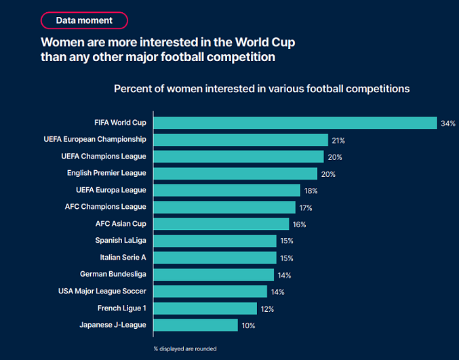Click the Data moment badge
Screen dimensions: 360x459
point(85,20)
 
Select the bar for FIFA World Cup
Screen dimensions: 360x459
point(295,123)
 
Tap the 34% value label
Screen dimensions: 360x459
point(447,123)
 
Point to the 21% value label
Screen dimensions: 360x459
point(338,140)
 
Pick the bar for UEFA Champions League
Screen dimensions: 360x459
point(239,157)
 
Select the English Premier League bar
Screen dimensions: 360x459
point(238,174)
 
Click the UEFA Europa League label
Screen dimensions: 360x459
point(110,191)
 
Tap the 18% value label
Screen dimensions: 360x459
point(311,191)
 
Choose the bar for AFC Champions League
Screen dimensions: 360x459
point(224,207)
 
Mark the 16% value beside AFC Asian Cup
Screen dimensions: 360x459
point(299,224)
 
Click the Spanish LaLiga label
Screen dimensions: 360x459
point(121,241)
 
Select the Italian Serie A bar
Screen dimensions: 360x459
point(215,258)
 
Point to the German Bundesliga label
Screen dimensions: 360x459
point(113,275)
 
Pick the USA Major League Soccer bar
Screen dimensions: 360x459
point(210,291)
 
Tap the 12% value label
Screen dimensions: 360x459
point(267,309)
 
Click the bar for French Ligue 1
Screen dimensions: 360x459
point(205,308)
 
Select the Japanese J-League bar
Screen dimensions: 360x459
point(196,325)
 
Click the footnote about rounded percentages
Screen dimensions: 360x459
point(185,348)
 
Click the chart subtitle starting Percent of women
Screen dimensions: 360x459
point(262,89)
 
